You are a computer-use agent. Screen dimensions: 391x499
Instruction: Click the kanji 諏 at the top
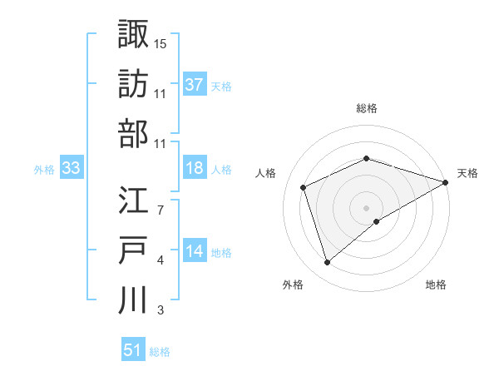click(133, 33)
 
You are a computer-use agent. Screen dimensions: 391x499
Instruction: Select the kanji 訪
click(133, 83)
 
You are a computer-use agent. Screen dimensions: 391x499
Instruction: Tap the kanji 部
click(133, 133)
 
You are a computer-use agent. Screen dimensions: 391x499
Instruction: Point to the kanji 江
click(133, 200)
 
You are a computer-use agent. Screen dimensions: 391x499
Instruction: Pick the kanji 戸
click(133, 250)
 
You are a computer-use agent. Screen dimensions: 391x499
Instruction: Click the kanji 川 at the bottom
click(133, 299)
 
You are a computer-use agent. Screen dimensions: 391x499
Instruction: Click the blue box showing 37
click(194, 84)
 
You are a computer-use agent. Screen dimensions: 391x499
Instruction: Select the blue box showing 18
click(194, 167)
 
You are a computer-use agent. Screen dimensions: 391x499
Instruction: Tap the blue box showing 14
click(194, 251)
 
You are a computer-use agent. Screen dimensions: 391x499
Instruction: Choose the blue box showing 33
click(72, 168)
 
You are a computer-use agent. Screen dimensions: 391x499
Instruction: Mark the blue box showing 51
click(132, 350)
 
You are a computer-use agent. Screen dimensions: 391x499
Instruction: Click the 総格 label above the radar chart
click(367, 108)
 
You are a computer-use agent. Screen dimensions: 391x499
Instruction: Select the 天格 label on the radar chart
click(468, 173)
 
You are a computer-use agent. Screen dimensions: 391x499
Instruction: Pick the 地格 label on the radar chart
click(436, 285)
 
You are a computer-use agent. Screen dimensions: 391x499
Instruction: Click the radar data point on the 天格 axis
click(446, 181)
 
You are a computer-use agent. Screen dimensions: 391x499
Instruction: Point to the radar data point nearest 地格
click(377, 220)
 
